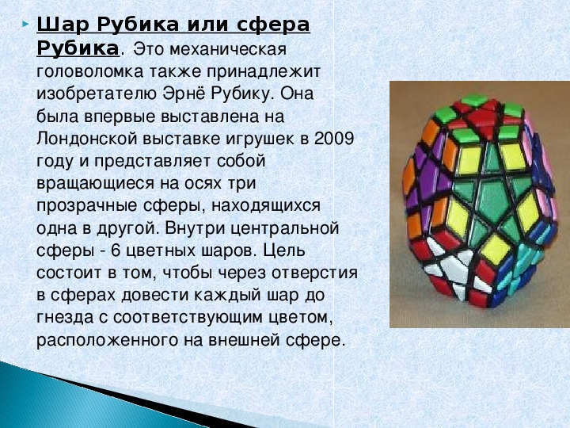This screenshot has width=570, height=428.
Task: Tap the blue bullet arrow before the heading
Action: point(25,25)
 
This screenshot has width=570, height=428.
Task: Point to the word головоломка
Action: point(90,71)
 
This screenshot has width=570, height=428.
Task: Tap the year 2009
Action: point(334,139)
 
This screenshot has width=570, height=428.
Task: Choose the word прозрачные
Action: point(87,206)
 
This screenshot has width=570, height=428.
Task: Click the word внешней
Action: point(245,341)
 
